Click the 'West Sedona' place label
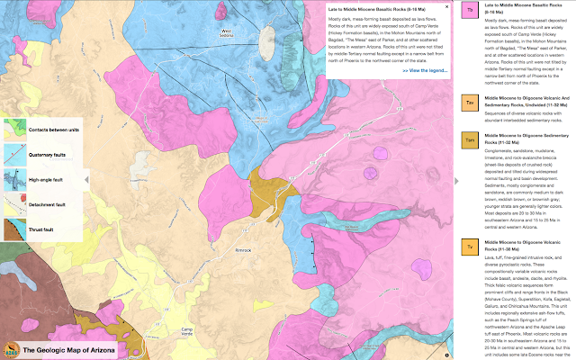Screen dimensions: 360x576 pos(227,34)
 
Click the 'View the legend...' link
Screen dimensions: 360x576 pos(424,69)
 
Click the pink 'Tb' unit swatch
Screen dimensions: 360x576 pos(470,10)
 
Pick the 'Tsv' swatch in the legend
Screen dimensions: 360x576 pos(470,104)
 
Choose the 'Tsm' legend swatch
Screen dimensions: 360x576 pos(470,139)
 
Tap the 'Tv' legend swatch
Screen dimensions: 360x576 pos(470,246)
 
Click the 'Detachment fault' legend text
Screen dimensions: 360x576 pos(47,206)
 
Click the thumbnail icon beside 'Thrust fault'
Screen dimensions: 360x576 pos(13,230)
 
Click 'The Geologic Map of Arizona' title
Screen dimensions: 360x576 pos(68,351)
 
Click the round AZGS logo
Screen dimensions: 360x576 pos(11,350)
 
